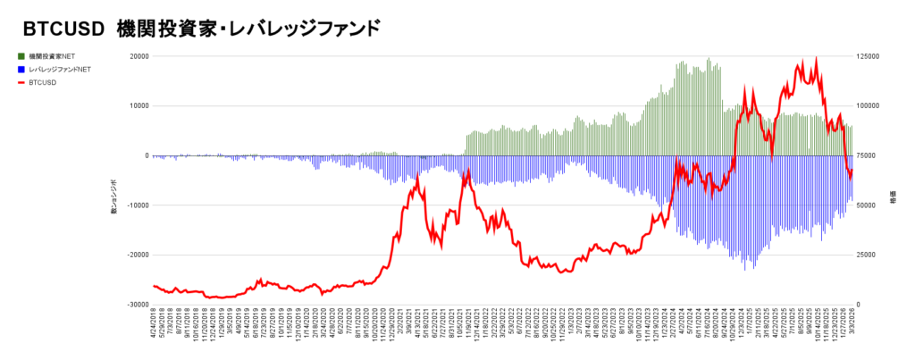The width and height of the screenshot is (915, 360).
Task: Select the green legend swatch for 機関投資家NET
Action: pos(21,56)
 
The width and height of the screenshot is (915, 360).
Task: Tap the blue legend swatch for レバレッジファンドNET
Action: pos(21,70)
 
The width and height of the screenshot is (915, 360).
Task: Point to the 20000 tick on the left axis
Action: pos(136,56)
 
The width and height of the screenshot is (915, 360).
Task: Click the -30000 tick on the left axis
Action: pos(134,305)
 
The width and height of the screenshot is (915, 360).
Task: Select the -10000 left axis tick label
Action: pos(134,205)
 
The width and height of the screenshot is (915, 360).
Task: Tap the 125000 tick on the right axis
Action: pos(870,56)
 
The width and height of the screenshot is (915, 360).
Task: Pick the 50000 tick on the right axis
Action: pos(868,205)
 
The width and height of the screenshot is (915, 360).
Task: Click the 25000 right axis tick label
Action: pos(868,255)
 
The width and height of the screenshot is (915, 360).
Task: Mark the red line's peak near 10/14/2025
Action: pos(816,59)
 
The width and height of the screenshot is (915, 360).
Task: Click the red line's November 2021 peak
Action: pos(467,170)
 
